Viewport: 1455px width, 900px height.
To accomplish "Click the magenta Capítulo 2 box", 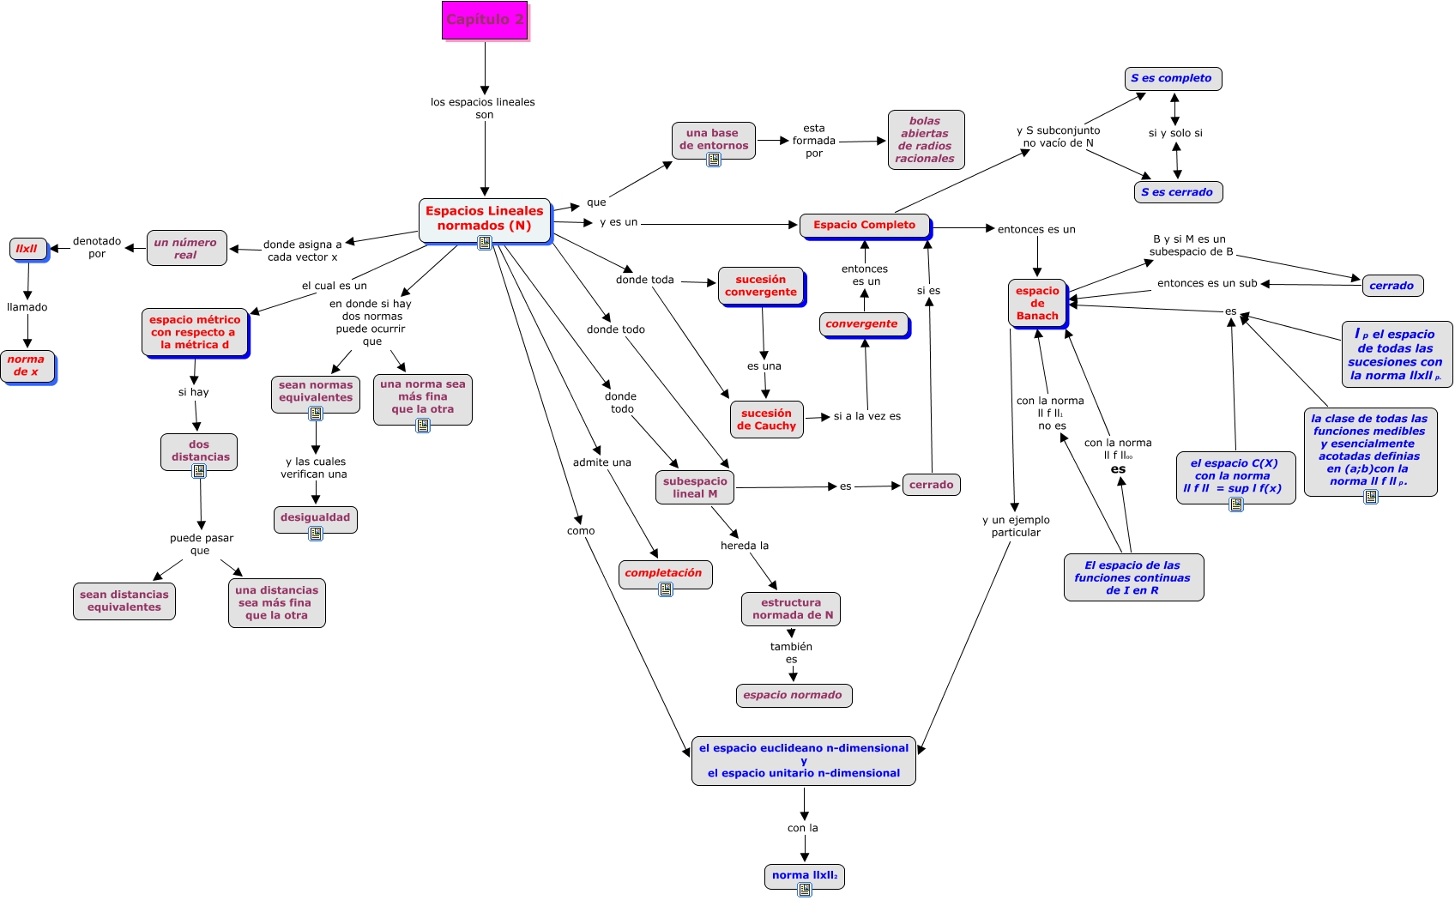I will [485, 20].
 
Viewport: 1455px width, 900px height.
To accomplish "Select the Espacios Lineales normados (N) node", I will [485, 219].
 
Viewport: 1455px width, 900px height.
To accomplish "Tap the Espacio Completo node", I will [864, 226].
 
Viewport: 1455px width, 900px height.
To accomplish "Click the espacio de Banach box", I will [1037, 304].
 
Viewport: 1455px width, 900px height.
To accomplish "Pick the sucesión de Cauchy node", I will [766, 420].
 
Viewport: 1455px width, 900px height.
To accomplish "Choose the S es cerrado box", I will [1177, 192].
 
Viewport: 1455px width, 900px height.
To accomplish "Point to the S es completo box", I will [1172, 78].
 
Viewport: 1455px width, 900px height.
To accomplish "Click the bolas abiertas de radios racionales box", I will [925, 140].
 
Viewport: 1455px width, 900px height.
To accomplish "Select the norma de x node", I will [27, 366].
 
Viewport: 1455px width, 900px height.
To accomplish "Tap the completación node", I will [663, 572].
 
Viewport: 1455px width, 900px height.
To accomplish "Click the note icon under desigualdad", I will [316, 534].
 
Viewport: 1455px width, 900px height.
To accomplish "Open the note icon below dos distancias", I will [199, 471].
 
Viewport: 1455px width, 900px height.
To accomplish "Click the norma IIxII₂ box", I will [804, 875].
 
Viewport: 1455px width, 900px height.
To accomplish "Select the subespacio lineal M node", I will [695, 487].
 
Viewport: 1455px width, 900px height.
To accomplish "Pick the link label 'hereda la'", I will [744, 546].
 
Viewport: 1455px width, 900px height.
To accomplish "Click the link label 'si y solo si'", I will [1175, 133].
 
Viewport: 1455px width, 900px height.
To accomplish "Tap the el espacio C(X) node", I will [1235, 475].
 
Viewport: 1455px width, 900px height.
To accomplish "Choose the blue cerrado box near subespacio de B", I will [1392, 286].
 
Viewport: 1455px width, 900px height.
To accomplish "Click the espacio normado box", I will [793, 695].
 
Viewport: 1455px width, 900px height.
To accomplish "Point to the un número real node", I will [186, 249].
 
